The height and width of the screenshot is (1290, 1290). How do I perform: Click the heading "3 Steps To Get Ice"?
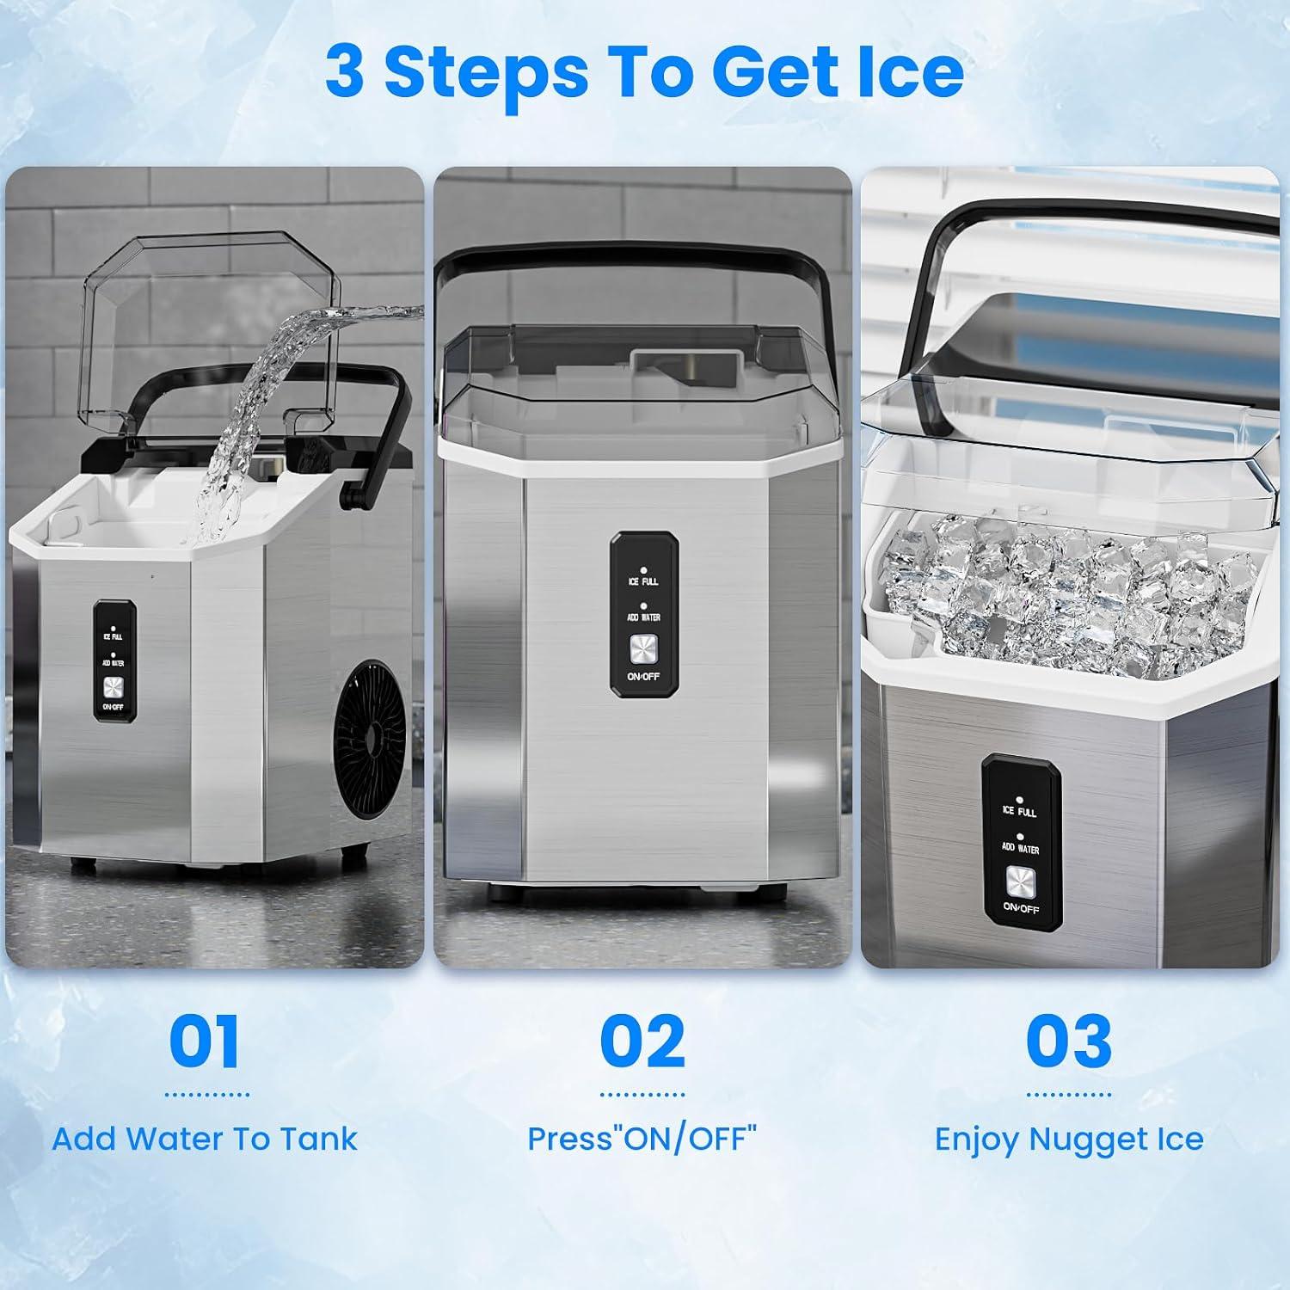644,72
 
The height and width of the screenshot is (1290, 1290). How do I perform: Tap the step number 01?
204,1041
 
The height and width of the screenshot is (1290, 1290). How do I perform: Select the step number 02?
642,1041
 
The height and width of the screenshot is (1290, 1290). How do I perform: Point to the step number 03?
1068,1041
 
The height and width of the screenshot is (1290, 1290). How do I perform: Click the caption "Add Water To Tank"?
205,1139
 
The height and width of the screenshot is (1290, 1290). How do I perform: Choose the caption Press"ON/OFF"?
642,1139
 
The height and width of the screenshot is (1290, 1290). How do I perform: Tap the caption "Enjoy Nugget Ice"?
1068,1139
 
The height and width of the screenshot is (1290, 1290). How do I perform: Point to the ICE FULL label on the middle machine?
643,582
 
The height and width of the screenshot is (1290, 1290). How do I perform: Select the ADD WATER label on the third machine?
1020,848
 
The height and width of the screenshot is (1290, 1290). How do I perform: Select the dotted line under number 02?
642,1095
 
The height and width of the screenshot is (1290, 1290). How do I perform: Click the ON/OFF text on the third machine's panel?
1021,909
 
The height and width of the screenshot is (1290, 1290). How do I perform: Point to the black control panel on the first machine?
114,659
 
